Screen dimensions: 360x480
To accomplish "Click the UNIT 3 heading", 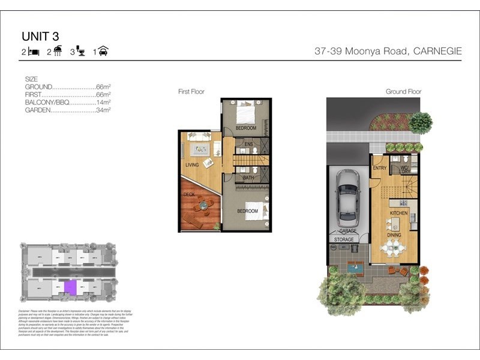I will pos(41,38).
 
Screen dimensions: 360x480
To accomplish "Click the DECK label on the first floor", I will pos(188,194).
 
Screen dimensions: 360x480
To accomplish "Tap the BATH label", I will pos(248,178).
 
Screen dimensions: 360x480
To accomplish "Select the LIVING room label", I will pos(192,164).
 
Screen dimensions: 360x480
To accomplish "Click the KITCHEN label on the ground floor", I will pos(399,213).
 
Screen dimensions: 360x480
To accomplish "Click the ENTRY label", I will pos(380,168).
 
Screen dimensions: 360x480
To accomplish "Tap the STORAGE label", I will pos(343,239).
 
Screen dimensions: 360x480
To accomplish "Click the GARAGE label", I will pos(348,231).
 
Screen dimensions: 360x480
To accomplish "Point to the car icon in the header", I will pos(103,52).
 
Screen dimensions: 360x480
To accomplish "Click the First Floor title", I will pos(191,92).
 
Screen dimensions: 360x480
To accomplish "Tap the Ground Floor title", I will pos(403,92).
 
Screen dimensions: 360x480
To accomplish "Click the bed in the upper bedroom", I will pos(246,112).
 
